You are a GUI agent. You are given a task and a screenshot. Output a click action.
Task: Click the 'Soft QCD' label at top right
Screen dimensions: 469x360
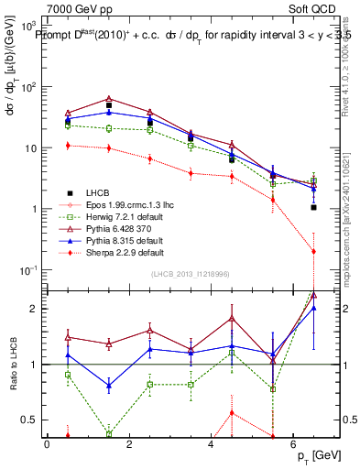pyautogui.click(x=316, y=8)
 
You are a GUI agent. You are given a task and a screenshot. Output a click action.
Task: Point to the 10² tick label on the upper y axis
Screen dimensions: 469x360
pyautogui.click(x=29, y=87)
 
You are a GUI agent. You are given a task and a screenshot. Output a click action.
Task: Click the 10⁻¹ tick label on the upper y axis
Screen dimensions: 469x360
pyautogui.click(x=29, y=270)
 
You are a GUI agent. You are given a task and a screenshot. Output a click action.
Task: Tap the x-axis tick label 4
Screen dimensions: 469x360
pyautogui.click(x=211, y=443)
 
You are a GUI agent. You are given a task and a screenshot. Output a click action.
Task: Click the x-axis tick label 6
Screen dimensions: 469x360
pyautogui.click(x=292, y=443)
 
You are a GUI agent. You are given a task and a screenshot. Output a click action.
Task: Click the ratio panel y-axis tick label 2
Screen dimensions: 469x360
pyautogui.click(x=35, y=309)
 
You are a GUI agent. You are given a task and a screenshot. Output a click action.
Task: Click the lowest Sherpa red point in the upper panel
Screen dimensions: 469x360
pyautogui.click(x=313, y=251)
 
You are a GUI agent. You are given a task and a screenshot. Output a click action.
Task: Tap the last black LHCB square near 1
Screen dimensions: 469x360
pyautogui.click(x=313, y=207)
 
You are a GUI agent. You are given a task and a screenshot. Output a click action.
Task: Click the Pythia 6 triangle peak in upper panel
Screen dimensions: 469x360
pyautogui.click(x=109, y=98)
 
